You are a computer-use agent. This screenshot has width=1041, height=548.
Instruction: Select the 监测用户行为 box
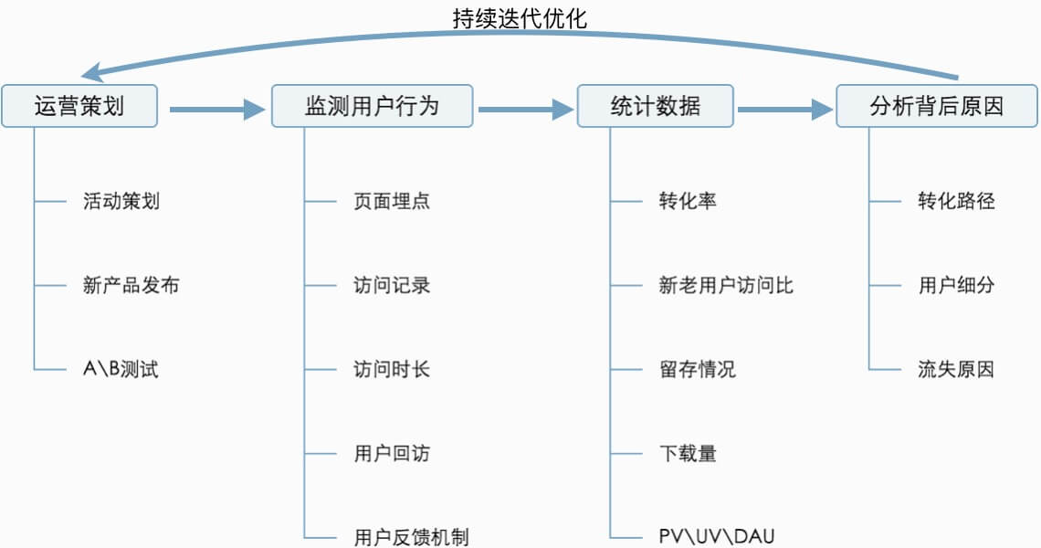coord(372,106)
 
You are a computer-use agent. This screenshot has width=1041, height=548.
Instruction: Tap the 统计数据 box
coord(655,106)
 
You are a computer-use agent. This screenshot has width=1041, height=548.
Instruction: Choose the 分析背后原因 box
coord(937,106)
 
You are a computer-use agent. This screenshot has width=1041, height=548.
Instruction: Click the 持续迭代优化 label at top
coord(520,18)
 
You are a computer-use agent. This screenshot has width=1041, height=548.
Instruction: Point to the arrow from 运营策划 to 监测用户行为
coord(216,111)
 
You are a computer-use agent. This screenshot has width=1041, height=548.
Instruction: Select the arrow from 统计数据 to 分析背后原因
coord(784,111)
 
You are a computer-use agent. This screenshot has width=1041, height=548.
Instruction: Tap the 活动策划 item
coord(121,201)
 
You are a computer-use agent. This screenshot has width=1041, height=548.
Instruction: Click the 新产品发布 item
coord(131,285)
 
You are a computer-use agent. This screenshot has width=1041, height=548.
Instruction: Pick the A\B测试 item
coord(121,370)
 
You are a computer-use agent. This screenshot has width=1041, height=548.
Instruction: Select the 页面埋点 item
coord(391,201)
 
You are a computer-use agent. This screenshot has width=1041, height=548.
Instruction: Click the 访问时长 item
coord(391,370)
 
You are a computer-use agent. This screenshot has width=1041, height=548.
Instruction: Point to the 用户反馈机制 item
coord(411,537)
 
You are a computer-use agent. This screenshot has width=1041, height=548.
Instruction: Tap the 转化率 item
coord(688,201)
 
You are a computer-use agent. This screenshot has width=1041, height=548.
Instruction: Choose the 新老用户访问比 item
coord(726,285)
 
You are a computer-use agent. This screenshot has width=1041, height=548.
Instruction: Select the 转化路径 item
coord(956,201)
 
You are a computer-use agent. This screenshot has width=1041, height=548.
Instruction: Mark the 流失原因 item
coord(956,370)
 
